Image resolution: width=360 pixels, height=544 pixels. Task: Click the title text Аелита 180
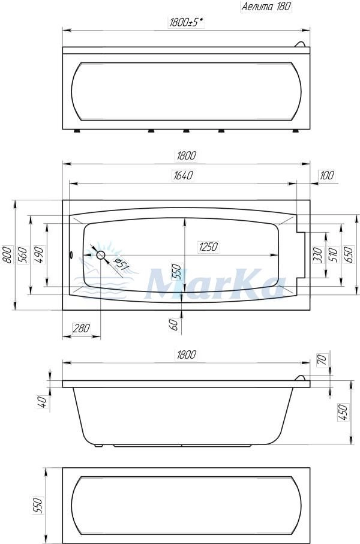click(266, 6)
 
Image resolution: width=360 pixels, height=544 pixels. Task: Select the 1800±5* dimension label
click(187, 23)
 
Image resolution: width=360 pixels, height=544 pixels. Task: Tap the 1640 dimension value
click(183, 176)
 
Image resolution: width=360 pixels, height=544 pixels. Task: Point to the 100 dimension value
click(326, 176)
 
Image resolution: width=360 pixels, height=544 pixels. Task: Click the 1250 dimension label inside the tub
click(208, 247)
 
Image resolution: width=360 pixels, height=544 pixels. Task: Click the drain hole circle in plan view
click(101, 256)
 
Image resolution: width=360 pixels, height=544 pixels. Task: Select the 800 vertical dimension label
click(7, 255)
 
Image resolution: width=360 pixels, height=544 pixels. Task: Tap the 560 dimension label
click(22, 255)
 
